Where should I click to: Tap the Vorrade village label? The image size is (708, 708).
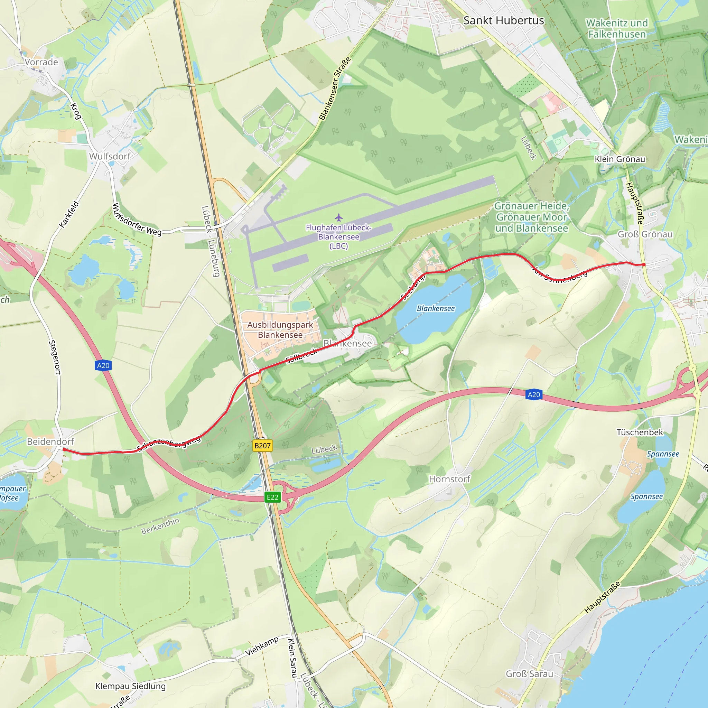click(x=41, y=62)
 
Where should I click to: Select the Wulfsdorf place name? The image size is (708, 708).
click(x=110, y=157)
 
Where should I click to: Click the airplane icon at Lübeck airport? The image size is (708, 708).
click(x=338, y=217)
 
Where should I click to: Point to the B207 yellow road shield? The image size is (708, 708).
click(x=262, y=446)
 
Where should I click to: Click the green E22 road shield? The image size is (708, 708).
click(x=272, y=497)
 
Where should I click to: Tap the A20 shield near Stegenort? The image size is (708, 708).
click(x=103, y=365)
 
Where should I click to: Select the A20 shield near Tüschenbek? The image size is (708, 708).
click(x=533, y=394)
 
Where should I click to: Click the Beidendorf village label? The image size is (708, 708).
click(x=50, y=441)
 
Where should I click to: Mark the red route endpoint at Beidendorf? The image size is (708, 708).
click(x=64, y=449)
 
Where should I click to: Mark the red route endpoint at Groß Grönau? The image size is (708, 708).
click(x=643, y=264)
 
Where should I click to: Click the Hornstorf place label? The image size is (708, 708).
click(x=449, y=479)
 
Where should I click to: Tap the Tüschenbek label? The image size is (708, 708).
click(x=640, y=432)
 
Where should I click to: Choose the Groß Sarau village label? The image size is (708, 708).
click(x=529, y=674)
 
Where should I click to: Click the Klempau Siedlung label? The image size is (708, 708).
click(x=130, y=686)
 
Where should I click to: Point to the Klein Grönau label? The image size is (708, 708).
click(x=620, y=159)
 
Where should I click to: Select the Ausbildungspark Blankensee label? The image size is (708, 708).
click(x=280, y=329)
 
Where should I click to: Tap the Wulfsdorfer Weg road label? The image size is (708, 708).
click(x=136, y=220)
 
